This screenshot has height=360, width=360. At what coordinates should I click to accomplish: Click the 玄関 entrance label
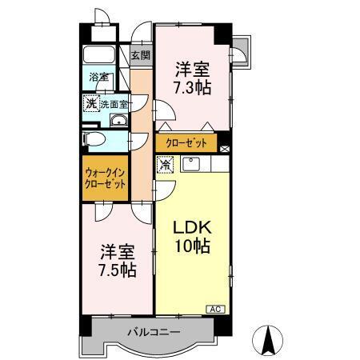pyautogui.click(x=141, y=54)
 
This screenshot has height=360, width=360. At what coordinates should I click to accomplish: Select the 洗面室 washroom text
pyautogui.click(x=117, y=104)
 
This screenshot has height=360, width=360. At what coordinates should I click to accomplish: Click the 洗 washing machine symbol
pyautogui.click(x=92, y=103)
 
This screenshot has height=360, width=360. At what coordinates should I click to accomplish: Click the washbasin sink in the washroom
pyautogui.click(x=118, y=121)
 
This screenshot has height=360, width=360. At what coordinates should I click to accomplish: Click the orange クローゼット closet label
pyautogui.click(x=186, y=143)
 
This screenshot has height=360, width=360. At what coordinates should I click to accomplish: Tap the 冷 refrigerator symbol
pyautogui.click(x=165, y=166)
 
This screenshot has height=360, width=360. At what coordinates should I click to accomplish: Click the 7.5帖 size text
pyautogui.click(x=117, y=270)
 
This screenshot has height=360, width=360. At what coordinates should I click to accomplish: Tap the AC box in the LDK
pyautogui.click(x=215, y=308)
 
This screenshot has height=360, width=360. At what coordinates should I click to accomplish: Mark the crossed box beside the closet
pyautogui.click(x=224, y=147)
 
